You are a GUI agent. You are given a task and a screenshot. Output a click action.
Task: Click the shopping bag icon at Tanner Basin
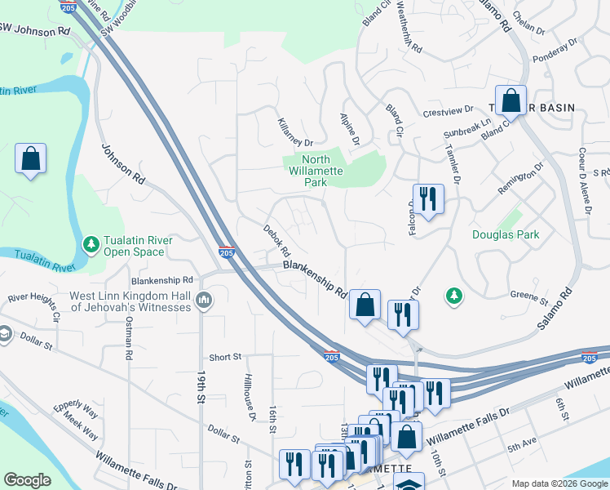[x=511, y=101]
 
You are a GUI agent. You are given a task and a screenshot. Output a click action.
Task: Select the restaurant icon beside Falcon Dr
[x=427, y=198]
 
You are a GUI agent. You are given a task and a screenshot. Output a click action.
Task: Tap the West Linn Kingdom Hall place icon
[x=204, y=301]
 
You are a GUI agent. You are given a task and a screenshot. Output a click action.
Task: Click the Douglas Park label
[x=506, y=234]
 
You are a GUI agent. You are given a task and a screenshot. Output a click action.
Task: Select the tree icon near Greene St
[x=454, y=295]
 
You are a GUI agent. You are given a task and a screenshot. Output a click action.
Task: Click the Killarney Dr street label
[x=294, y=131]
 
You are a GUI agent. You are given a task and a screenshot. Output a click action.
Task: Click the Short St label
[x=225, y=357]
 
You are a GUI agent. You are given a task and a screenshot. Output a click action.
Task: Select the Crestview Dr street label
[x=448, y=111]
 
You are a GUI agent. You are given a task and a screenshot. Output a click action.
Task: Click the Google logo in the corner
[x=28, y=480]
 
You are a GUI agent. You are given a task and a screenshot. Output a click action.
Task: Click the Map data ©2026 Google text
[x=559, y=483]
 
